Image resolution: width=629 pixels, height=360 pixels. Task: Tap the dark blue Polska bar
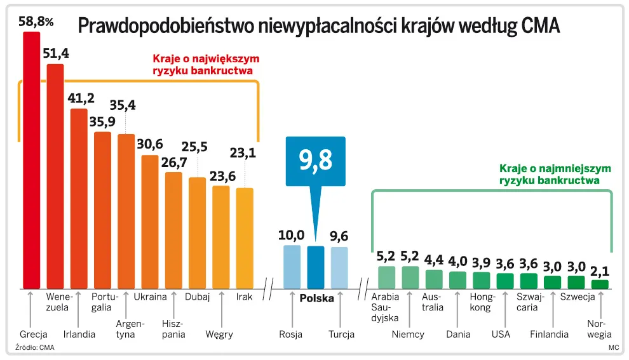[x=316, y=267]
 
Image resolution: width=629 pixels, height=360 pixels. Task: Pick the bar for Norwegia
[x=600, y=284]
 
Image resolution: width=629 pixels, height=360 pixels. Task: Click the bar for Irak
[x=245, y=237]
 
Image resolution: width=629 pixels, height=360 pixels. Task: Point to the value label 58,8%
[x=36, y=22]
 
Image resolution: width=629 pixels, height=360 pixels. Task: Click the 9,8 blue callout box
[x=316, y=161]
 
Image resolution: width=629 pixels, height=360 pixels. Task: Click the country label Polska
[x=316, y=297]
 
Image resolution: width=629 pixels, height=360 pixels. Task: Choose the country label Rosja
[x=291, y=334]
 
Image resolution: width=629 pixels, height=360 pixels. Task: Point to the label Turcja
[x=341, y=334]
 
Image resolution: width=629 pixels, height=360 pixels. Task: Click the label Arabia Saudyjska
[x=385, y=307]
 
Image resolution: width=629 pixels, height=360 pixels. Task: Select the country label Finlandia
[x=549, y=334]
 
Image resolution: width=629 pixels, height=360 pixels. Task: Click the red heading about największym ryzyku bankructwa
[x=206, y=65]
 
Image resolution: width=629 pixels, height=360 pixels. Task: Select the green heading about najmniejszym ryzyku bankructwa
[x=555, y=175]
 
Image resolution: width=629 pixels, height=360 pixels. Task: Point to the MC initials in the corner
[x=613, y=347]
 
